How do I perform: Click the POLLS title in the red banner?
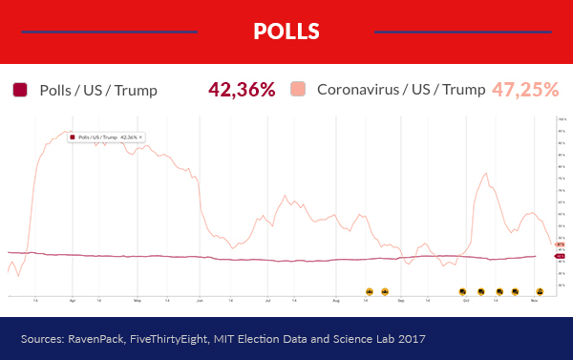click(286, 32)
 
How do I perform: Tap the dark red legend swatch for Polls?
click(19, 90)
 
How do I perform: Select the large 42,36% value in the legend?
click(242, 90)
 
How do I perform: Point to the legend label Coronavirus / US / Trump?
click(400, 91)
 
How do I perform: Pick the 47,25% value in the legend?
click(525, 90)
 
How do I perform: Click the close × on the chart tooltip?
click(140, 138)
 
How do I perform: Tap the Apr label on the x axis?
click(73, 300)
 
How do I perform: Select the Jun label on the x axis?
click(200, 300)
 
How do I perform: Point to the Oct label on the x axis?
click(466, 300)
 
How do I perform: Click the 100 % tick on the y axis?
click(562, 119)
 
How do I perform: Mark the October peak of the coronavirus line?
click(486, 174)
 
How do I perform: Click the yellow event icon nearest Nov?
click(540, 290)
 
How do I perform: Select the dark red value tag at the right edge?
click(561, 256)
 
